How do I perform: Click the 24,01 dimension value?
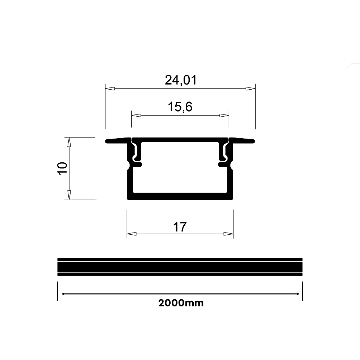(181, 80)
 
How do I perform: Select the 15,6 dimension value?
(180, 107)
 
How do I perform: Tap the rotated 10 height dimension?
(62, 168)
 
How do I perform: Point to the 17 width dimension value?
(180, 227)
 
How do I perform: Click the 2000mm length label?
(181, 303)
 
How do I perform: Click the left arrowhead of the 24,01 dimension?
(110, 89)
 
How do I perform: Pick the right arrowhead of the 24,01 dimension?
(251, 89)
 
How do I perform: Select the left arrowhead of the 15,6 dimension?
(136, 115)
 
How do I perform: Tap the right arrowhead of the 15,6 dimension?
(224, 115)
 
